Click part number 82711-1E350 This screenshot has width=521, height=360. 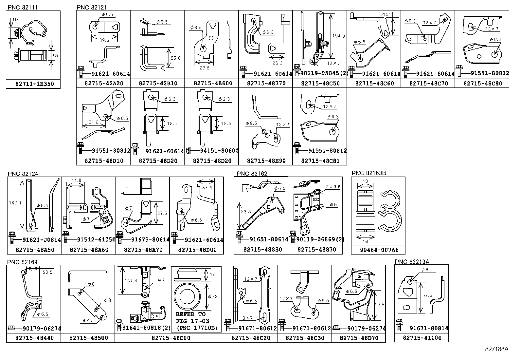tap(35, 84)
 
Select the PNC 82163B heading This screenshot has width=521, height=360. tap(368, 173)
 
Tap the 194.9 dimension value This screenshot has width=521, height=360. tap(338, 36)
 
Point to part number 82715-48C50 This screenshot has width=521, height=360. tap(320, 83)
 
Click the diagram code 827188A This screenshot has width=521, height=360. tap(496, 349)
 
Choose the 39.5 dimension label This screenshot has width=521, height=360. tap(104, 40)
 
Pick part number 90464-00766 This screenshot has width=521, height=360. tap(379, 250)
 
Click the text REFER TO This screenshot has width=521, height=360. tap(191, 314)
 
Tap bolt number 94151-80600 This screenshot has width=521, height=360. tap(219, 151)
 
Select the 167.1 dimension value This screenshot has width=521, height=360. tap(15, 203)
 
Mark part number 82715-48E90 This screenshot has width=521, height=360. tap(266, 161)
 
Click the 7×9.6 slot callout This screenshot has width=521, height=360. tap(333, 187)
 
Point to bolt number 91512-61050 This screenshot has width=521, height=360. tap(96, 239)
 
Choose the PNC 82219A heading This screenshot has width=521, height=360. tap(412, 262)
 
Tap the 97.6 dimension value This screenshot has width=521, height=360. tap(380, 305)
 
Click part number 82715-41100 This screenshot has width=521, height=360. tap(422, 338)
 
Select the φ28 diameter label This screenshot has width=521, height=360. tap(213, 296)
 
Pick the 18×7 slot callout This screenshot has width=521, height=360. tap(246, 318)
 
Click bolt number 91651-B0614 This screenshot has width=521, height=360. tap(269, 239)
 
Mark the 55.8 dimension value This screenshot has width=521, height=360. tap(175, 58)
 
